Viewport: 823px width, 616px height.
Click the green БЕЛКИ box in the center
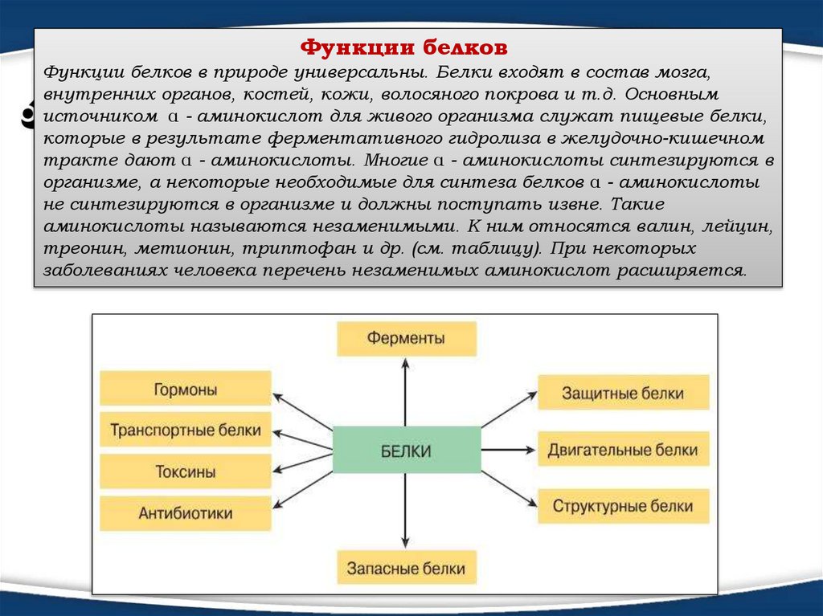(x=406, y=451)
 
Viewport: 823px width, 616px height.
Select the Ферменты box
(x=406, y=338)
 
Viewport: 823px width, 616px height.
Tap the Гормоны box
(x=185, y=389)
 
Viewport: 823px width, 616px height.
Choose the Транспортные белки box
(x=185, y=430)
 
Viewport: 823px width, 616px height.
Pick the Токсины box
(x=185, y=471)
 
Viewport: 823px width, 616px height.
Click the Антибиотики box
(x=185, y=512)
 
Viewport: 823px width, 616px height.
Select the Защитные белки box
(x=623, y=394)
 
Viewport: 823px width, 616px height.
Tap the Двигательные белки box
(x=623, y=450)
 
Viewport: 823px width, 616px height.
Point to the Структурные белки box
(x=623, y=507)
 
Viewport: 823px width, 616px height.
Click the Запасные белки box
(x=406, y=568)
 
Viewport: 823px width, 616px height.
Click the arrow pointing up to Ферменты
(x=406, y=394)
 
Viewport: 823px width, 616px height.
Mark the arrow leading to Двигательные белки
(x=508, y=451)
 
